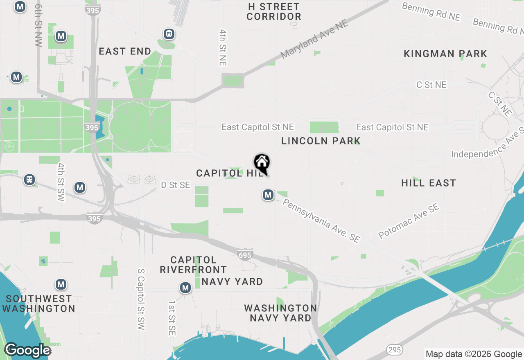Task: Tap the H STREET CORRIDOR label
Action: click(274, 12)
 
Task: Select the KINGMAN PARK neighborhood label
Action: click(445, 54)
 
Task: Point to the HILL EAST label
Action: click(429, 183)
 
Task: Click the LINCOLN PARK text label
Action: click(321, 141)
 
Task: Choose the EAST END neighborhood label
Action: click(125, 52)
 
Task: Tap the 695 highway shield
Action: click(244, 255)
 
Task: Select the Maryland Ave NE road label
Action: click(314, 39)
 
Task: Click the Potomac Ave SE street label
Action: click(409, 221)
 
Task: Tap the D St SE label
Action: click(175, 185)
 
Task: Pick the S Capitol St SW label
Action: click(141, 299)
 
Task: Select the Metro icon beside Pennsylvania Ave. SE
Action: click(268, 195)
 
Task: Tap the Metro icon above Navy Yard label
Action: click(185, 288)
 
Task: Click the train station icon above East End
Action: click(169, 34)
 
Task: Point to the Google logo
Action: click(27, 350)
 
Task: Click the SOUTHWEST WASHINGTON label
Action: click(39, 304)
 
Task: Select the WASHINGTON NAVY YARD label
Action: click(280, 313)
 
